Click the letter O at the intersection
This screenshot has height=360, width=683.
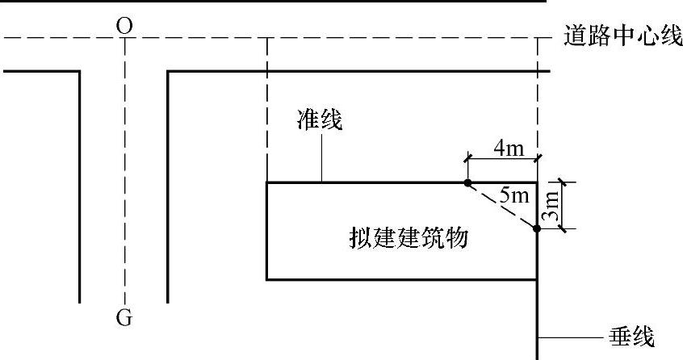(124, 25)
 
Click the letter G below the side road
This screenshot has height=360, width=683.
(124, 318)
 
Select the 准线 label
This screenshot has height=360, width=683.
(320, 122)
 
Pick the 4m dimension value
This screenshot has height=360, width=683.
(508, 148)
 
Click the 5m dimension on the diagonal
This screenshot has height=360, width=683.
(513, 195)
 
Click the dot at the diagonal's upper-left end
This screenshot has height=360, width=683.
(467, 183)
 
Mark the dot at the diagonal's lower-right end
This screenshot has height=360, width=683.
(537, 229)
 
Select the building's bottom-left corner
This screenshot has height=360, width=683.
(267, 279)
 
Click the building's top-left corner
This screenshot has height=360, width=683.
(267, 183)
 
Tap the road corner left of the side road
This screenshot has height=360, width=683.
(80, 72)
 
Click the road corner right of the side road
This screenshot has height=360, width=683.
(167, 72)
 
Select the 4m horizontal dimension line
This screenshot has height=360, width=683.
(502, 159)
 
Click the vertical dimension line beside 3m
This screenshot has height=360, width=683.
(564, 206)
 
